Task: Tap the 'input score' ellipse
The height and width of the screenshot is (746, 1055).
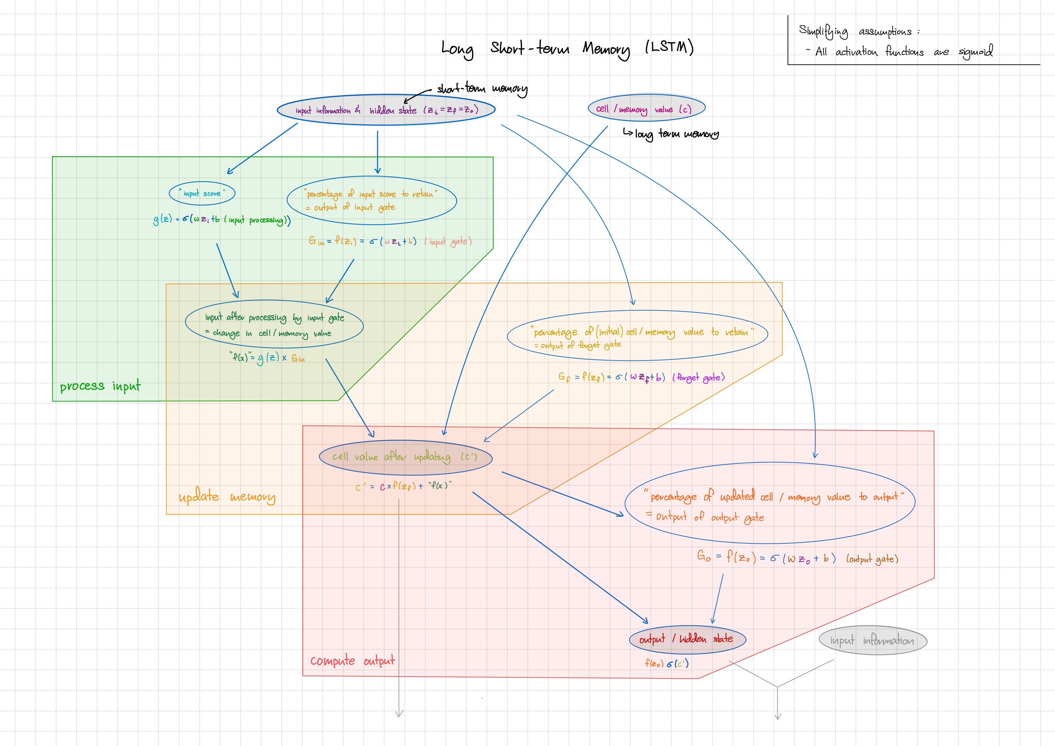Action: click(202, 193)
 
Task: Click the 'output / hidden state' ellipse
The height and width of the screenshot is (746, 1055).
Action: click(687, 639)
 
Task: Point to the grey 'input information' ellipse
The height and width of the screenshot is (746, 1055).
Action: click(872, 640)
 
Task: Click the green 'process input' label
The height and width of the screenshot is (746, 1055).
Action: click(100, 386)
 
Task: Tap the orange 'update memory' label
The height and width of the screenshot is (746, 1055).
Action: click(227, 497)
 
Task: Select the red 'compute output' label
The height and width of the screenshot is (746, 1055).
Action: click(352, 661)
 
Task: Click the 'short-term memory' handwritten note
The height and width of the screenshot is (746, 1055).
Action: click(482, 88)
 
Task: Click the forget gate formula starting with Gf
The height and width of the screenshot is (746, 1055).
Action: click(641, 377)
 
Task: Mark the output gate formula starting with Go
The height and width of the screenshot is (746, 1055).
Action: click(797, 558)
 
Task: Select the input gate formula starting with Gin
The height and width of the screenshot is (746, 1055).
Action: click(390, 241)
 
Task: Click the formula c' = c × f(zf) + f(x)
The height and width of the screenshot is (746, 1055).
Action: click(403, 486)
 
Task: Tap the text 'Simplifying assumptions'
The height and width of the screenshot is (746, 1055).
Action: click(855, 31)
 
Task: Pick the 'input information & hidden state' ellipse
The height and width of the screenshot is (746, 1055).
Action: click(386, 110)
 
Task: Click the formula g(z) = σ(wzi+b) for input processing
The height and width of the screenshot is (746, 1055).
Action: click(222, 220)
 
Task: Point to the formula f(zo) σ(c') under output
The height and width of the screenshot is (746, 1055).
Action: click(666, 663)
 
